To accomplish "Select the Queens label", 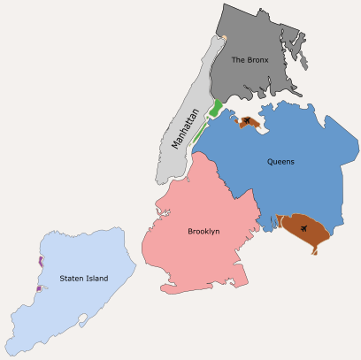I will [280, 162].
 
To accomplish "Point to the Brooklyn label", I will [204, 232].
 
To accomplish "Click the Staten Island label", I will [84, 279].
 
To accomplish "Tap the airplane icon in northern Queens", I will [247, 122].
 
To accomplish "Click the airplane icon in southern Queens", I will [306, 229].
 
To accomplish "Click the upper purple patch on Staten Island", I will [40, 261].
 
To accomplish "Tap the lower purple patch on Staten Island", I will [37, 289].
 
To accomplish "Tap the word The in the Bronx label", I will [237, 60].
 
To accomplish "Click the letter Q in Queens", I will [270, 162].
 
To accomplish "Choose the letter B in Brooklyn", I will [190, 232].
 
